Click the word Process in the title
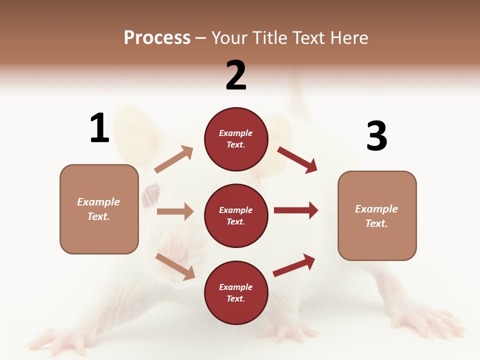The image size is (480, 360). point(157,38)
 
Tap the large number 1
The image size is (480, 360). point(99,128)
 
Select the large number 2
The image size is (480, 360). point(236,75)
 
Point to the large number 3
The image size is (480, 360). point(376,136)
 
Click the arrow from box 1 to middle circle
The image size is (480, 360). point(175,211)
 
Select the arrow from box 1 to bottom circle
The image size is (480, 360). point(175,266)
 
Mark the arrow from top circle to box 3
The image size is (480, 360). point(297,159)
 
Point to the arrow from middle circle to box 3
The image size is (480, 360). point(295,210)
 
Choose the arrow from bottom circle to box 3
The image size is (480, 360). point(294,265)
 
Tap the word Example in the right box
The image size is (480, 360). point(376,209)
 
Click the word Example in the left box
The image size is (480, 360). point(98,202)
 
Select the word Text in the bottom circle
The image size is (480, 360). point(235,299)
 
